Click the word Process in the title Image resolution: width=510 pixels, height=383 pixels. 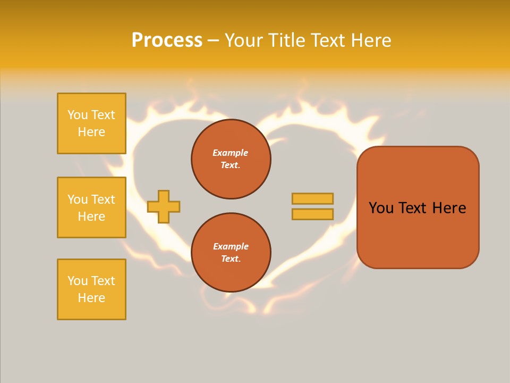pos(167,40)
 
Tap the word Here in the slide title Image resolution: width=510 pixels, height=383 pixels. pos(370,40)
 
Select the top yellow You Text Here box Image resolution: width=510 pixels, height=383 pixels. pos(91,123)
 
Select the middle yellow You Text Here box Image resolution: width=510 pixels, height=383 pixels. pos(91,207)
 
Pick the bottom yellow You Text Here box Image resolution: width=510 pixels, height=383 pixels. pos(91,289)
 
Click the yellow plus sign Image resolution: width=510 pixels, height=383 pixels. pos(164,206)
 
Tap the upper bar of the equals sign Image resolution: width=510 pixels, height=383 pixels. pos(312,198)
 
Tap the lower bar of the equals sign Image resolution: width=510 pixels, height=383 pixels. pos(312,214)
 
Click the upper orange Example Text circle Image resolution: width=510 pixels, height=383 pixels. pos(231,159)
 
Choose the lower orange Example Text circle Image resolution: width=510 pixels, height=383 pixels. pos(231,253)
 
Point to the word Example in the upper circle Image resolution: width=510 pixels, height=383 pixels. pos(231,153)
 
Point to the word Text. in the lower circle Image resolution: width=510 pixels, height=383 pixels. pos(231,259)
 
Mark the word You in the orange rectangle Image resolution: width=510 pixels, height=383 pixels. pos(381,208)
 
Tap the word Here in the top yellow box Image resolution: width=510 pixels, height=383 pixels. pos(91,132)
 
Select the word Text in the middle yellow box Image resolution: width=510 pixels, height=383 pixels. pos(103,199)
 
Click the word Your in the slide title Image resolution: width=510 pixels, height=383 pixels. pos(245,40)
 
